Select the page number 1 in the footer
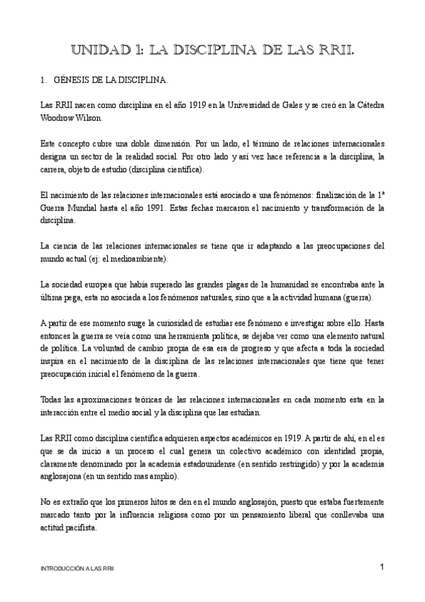pos(382,567)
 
